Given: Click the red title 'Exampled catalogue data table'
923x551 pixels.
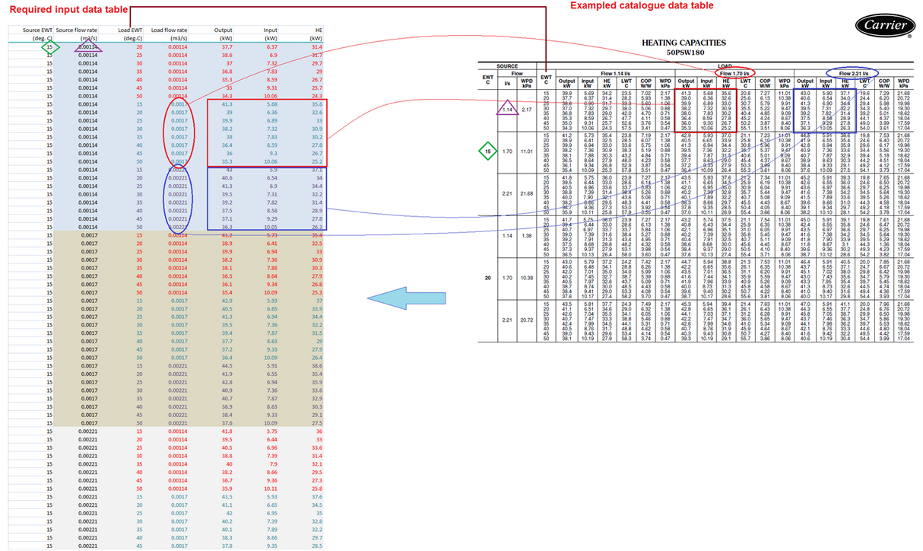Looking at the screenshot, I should [x=642, y=5].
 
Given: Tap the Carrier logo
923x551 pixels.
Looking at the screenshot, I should [x=886, y=25].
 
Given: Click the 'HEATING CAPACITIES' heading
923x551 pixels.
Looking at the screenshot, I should [x=684, y=43].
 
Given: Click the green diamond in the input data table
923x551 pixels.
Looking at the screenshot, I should [x=50, y=47].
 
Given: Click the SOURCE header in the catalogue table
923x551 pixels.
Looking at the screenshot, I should [x=507, y=66].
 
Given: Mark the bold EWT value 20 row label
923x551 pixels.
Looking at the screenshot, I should [x=488, y=278].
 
